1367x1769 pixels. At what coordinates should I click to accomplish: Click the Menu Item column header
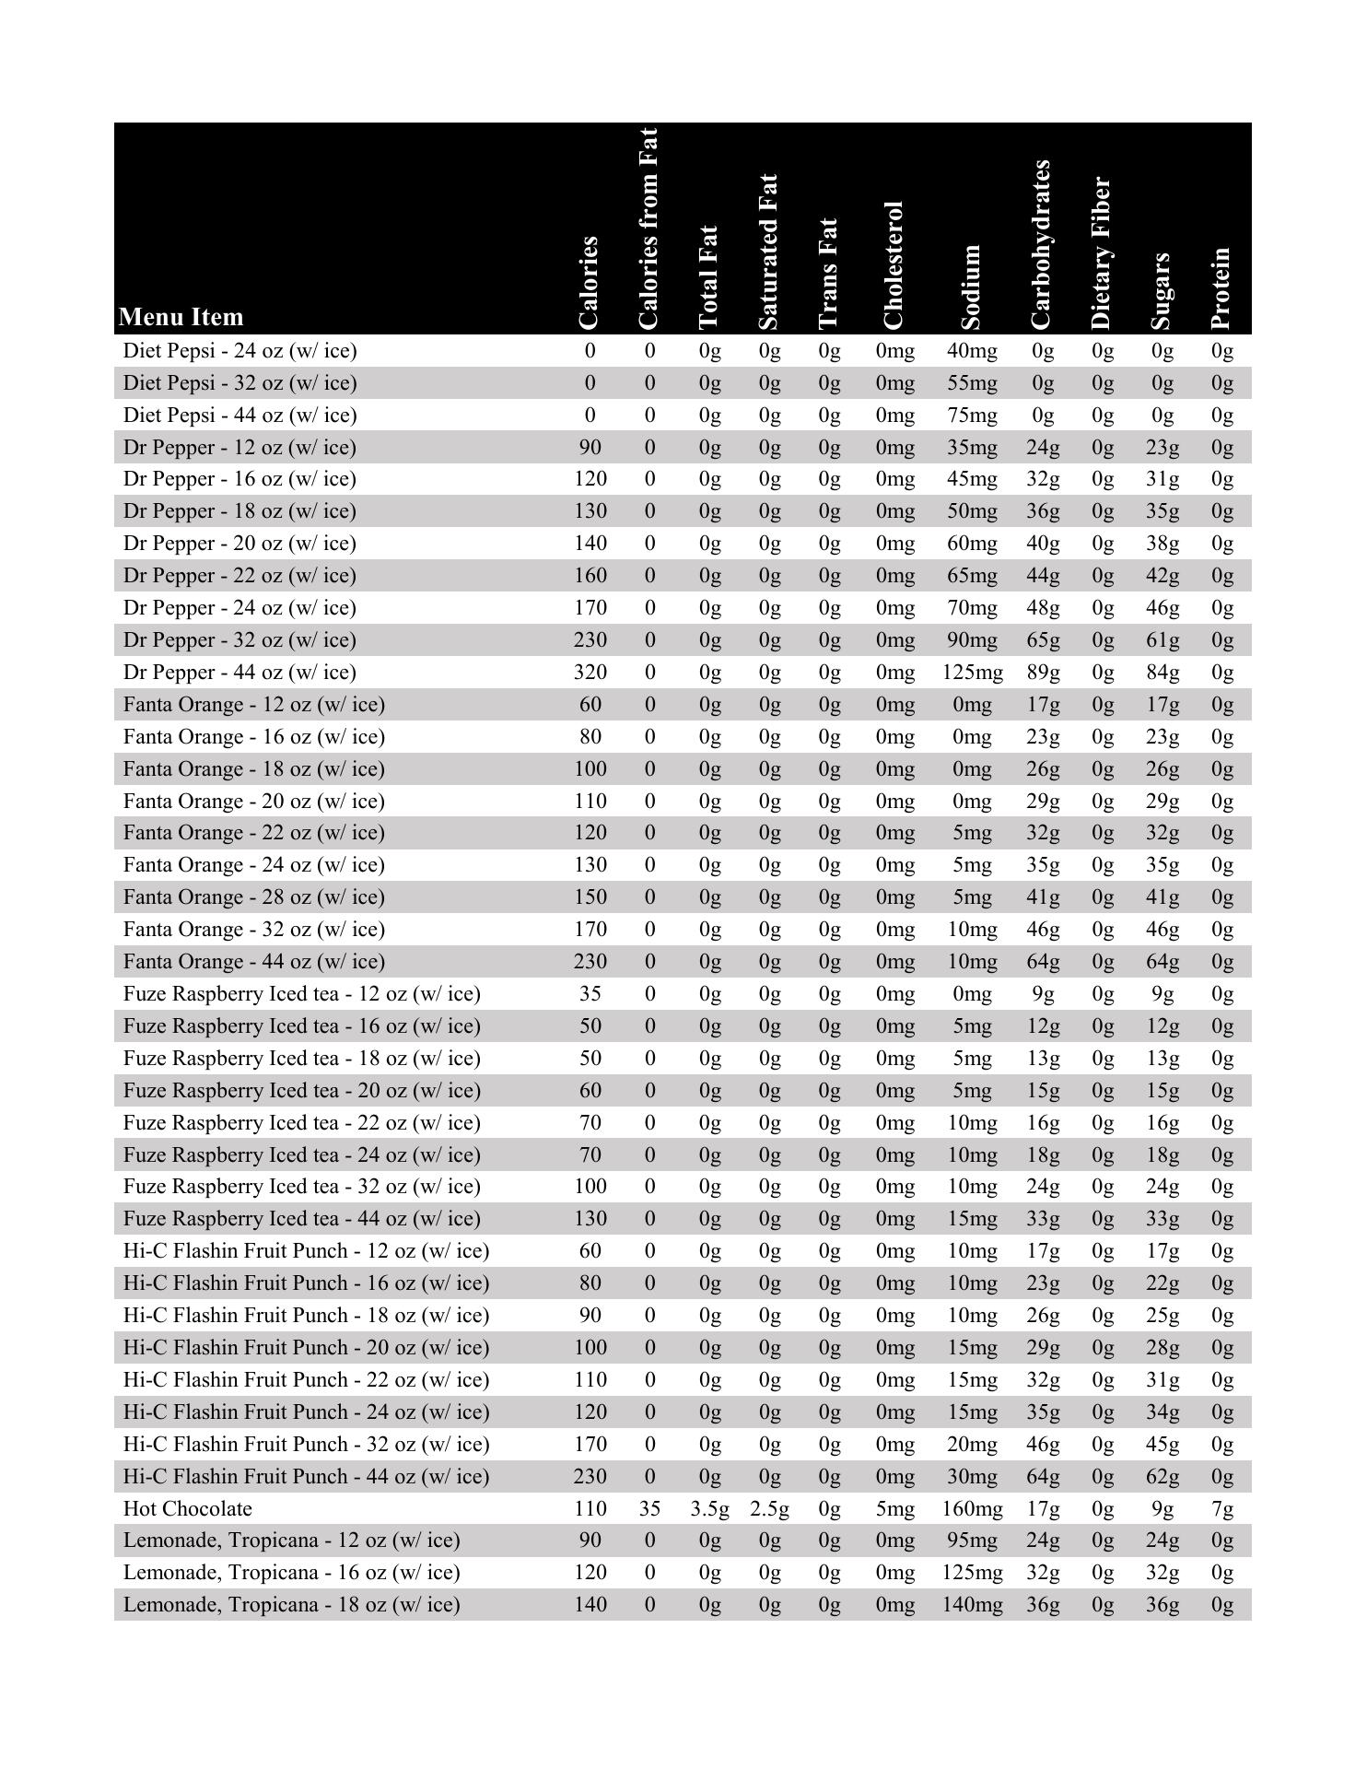pos(181,317)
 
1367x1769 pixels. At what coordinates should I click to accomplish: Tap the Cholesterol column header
pos(894,265)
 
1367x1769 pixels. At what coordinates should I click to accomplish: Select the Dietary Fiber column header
pos(1103,253)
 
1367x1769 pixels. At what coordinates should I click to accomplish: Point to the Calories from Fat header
pos(649,228)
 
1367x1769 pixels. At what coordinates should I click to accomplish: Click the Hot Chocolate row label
pos(188,1508)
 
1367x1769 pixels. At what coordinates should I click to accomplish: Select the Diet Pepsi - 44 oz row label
pos(240,415)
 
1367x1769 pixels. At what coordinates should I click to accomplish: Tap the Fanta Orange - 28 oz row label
pos(254,896)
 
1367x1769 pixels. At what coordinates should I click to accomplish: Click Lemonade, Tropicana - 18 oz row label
pos(291,1604)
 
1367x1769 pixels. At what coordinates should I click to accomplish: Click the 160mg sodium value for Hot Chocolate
pos(972,1508)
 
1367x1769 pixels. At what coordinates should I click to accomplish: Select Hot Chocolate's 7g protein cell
pos(1222,1508)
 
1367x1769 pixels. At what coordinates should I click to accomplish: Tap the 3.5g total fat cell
pos(709,1508)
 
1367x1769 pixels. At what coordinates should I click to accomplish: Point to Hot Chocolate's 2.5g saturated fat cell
pos(769,1508)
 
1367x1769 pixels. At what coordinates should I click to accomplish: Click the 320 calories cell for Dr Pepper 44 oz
pos(590,672)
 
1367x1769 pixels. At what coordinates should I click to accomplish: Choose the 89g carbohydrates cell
pos(1043,672)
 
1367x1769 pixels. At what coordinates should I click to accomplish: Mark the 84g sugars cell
pos(1163,672)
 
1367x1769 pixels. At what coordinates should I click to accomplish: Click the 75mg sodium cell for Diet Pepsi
pos(972,415)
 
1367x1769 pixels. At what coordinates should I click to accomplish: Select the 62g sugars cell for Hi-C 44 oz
pos(1163,1476)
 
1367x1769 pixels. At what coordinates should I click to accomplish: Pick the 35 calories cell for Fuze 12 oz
pos(590,993)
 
